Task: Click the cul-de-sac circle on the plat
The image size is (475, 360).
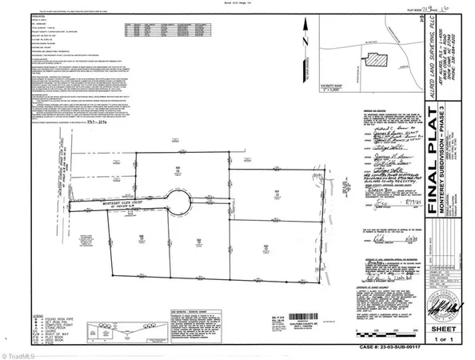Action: (x=178, y=203)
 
